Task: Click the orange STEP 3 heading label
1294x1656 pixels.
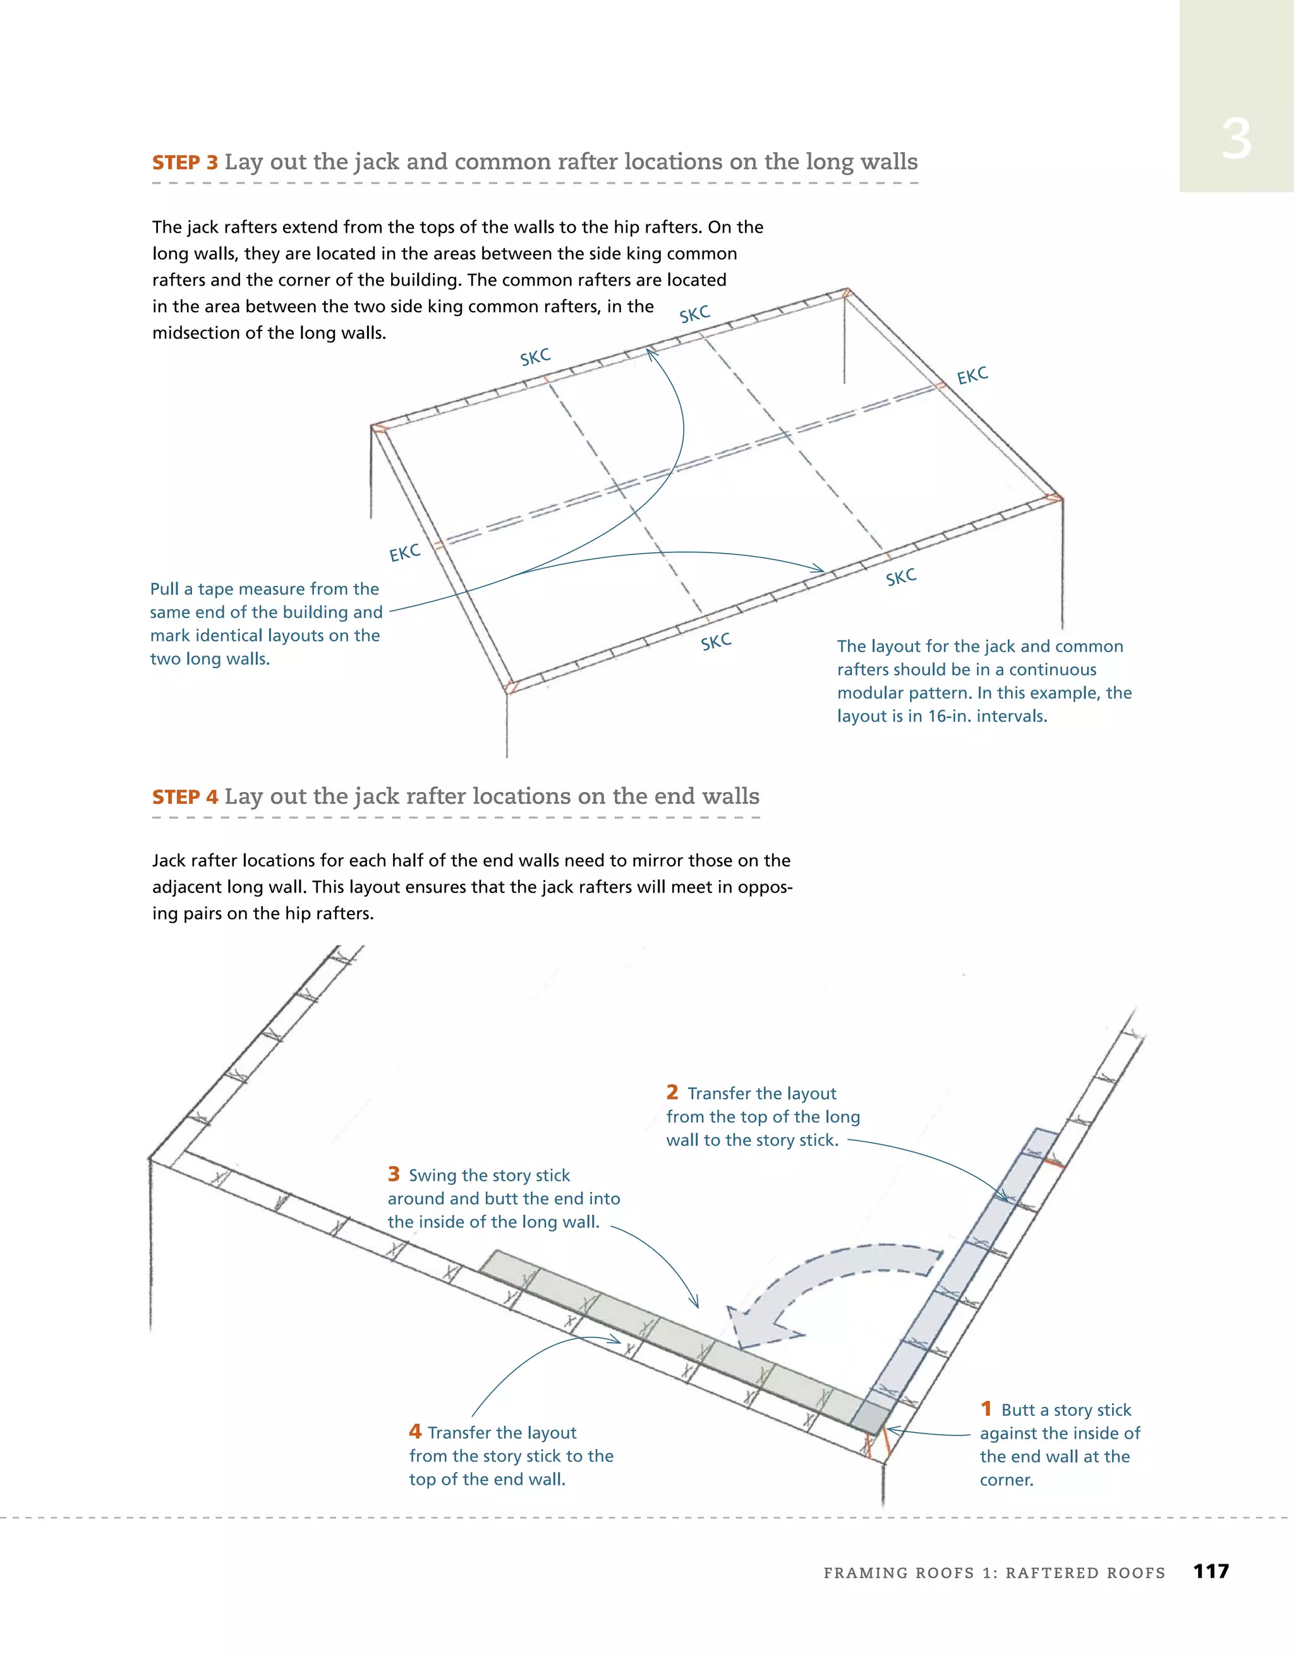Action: (x=185, y=163)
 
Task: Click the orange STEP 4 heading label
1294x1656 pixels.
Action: (x=185, y=797)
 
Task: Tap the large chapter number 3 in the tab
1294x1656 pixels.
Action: (x=1236, y=140)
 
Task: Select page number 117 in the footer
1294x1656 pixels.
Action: (x=1211, y=1571)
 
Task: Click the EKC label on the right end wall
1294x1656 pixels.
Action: (x=972, y=376)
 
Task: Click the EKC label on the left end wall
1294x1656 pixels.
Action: (x=405, y=553)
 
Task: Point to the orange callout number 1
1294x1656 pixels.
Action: (x=986, y=1409)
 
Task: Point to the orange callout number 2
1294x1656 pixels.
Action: (x=672, y=1093)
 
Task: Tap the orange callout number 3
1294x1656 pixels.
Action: (x=394, y=1174)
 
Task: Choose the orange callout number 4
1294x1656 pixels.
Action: (x=414, y=1432)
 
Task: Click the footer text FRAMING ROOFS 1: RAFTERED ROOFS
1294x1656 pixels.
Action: (x=994, y=1573)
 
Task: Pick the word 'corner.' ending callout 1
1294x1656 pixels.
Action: (x=1007, y=1480)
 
